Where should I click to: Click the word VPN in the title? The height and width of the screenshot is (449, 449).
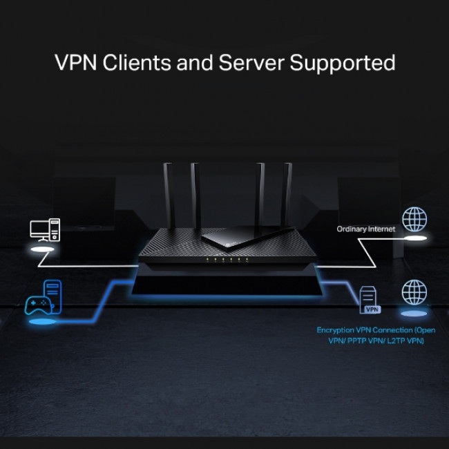[75, 62]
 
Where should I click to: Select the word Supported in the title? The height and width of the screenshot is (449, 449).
[343, 64]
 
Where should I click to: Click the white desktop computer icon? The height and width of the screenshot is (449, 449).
[45, 229]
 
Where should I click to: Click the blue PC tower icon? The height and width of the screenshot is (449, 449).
[53, 289]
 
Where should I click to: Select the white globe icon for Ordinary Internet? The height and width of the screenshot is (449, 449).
[414, 220]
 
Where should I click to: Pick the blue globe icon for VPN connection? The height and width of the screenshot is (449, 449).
[414, 292]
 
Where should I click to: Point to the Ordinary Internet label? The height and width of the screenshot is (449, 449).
[366, 229]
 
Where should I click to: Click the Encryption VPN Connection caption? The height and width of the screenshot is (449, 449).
[376, 336]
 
